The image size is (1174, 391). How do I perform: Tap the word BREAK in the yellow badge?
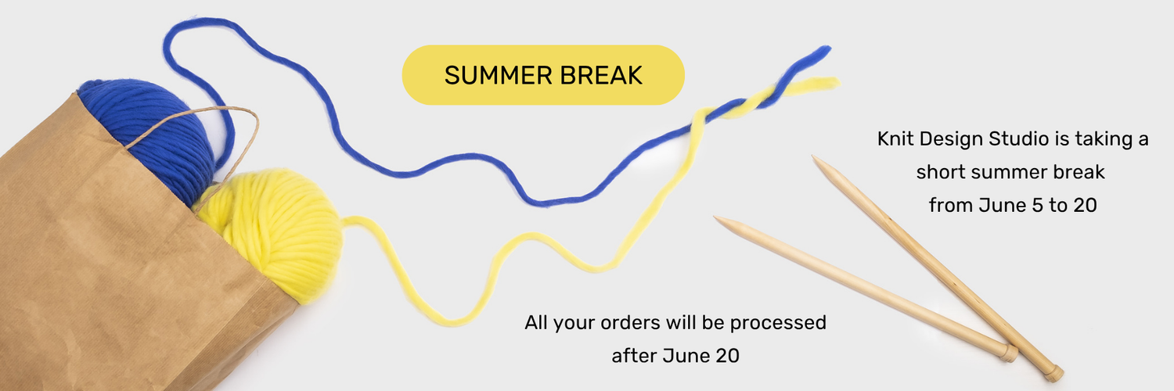pos(601,75)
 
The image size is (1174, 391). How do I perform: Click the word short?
pos(941,172)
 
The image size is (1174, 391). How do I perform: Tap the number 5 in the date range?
pos(1037,205)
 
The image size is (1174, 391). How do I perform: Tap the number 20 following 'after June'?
pos(727,356)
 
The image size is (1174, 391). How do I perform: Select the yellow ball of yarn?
pos(272,233)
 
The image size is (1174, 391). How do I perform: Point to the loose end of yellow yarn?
pos(834,82)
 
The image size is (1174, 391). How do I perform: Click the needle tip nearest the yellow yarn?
pos(716,217)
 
